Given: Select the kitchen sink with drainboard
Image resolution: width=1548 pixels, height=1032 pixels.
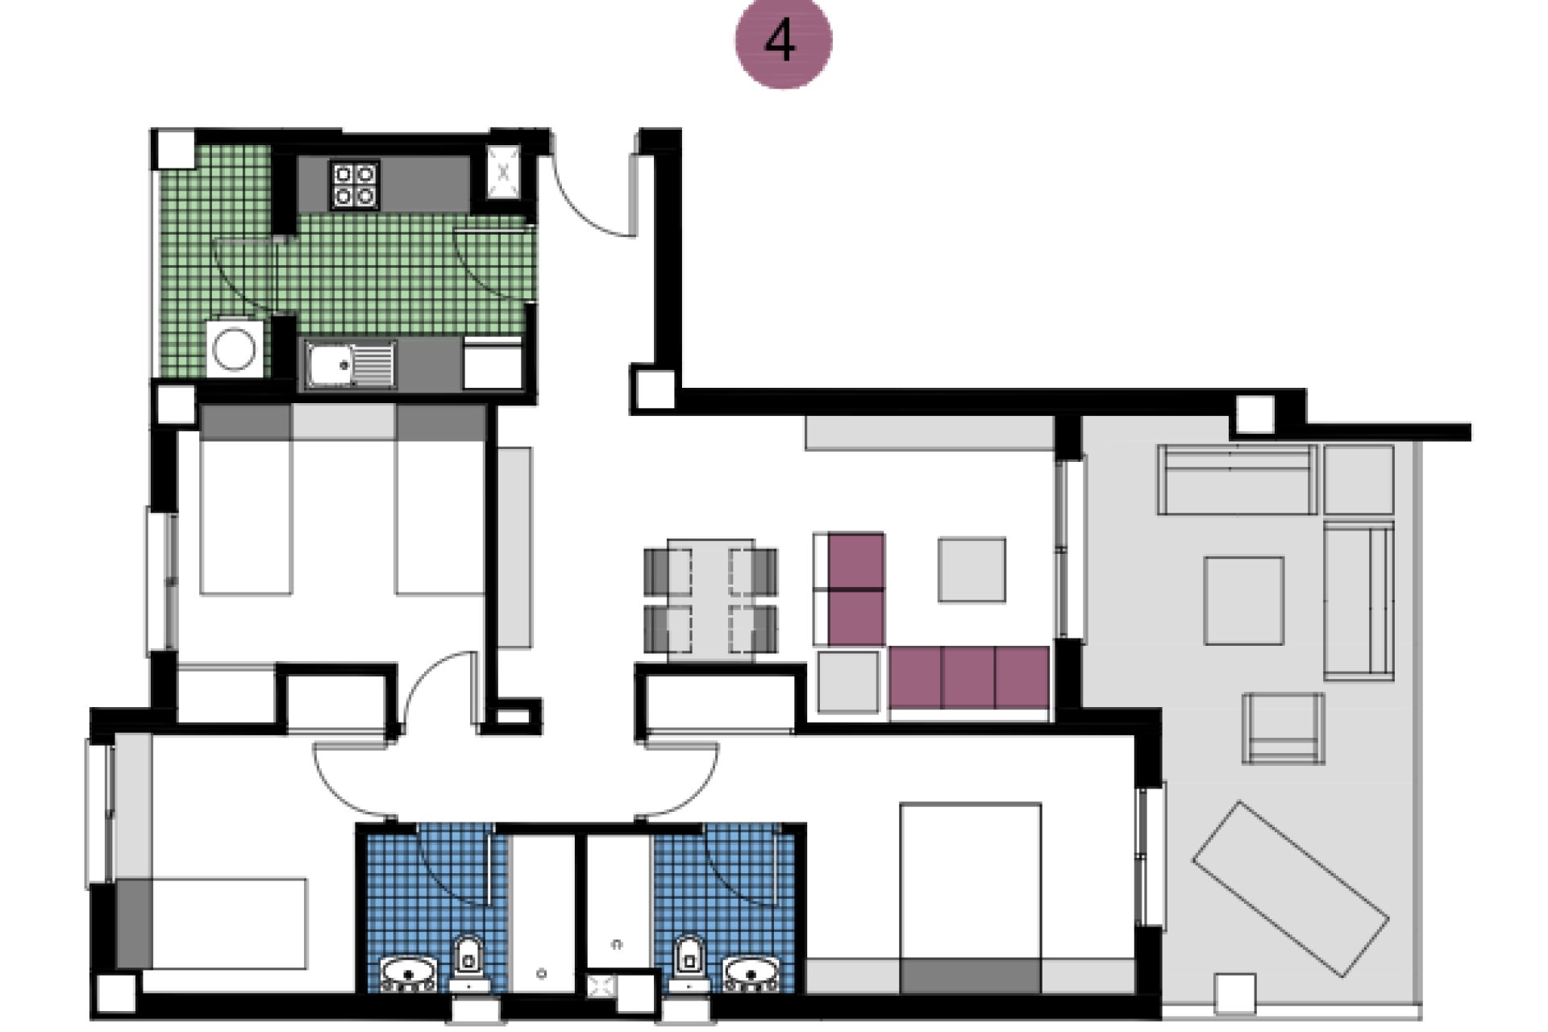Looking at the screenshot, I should click(350, 364).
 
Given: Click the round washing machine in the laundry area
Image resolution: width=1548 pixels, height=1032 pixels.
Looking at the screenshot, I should click(234, 349).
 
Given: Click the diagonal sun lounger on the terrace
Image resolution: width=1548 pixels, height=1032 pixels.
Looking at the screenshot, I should click(1289, 888).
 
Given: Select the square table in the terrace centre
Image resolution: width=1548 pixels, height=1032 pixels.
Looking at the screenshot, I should click(1243, 600).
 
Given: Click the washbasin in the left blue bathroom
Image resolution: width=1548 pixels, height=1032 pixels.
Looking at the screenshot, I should click(408, 972).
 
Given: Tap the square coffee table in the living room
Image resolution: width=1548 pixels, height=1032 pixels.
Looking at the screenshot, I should click(972, 570).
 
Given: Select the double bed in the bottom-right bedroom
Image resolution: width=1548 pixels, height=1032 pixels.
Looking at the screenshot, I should click(970, 895).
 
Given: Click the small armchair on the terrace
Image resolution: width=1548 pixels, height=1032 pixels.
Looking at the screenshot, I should click(1282, 729).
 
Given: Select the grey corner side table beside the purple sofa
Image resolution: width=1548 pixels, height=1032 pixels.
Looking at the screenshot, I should click(847, 682).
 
